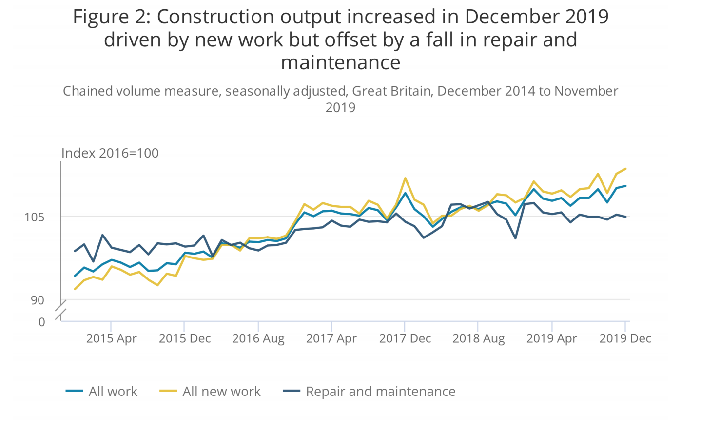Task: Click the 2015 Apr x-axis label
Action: pyautogui.click(x=111, y=338)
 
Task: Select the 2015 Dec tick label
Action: pyautogui.click(x=185, y=338)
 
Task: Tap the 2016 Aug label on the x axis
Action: pyautogui.click(x=258, y=338)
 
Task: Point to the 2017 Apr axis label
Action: pyautogui.click(x=331, y=338)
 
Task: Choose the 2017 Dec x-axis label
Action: pyautogui.click(x=405, y=338)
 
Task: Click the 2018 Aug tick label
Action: pyautogui.click(x=478, y=338)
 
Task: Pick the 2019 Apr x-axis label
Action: pyautogui.click(x=552, y=338)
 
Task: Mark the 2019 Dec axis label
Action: pyautogui.click(x=625, y=338)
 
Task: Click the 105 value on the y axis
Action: pyautogui.click(x=35, y=217)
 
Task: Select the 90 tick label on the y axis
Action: pyautogui.click(x=38, y=300)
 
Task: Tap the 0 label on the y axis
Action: pyautogui.click(x=42, y=322)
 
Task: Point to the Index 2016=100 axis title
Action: pyautogui.click(x=110, y=153)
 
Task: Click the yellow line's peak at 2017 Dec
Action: pyautogui.click(x=405, y=178)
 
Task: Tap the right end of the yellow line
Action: pyautogui.click(x=625, y=169)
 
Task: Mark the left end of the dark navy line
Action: pyautogui.click(x=75, y=251)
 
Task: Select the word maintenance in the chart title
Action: pyautogui.click(x=340, y=63)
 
